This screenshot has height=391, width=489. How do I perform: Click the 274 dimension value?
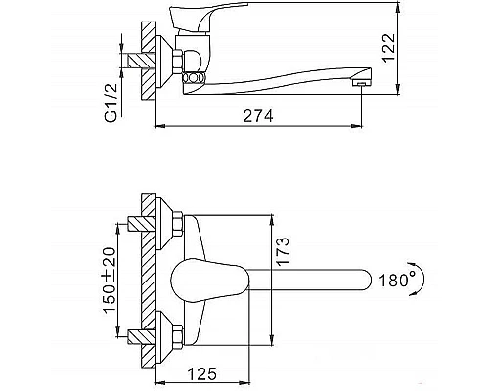258,116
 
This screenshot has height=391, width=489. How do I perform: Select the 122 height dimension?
388,47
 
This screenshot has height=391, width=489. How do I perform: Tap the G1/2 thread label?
111,103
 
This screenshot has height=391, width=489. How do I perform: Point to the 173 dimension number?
283,251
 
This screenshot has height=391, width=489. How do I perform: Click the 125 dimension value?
202,374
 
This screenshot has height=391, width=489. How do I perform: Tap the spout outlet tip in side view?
361,84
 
